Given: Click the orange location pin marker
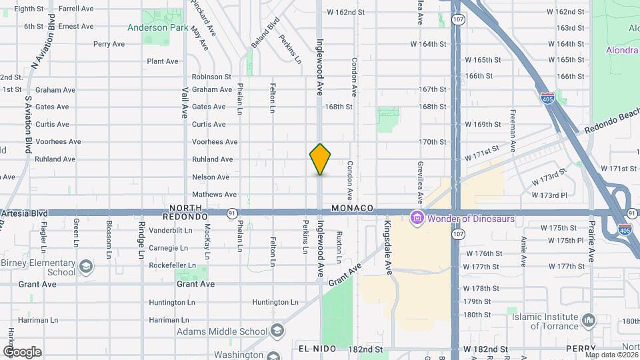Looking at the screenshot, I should point(320,159).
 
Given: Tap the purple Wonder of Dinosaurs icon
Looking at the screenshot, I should point(417,217).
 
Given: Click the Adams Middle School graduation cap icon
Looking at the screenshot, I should point(277,331).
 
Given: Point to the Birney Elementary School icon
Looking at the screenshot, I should point(85,267).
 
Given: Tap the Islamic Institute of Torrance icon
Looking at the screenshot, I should point(588,321).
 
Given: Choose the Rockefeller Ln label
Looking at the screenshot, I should point(173,265).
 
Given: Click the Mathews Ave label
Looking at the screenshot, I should point(214,195).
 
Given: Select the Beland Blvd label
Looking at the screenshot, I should point(272,33).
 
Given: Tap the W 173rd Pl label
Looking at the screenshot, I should point(549,195).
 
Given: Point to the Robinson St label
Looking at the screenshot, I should point(211,77).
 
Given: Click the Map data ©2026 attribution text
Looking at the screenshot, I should point(610,355).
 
